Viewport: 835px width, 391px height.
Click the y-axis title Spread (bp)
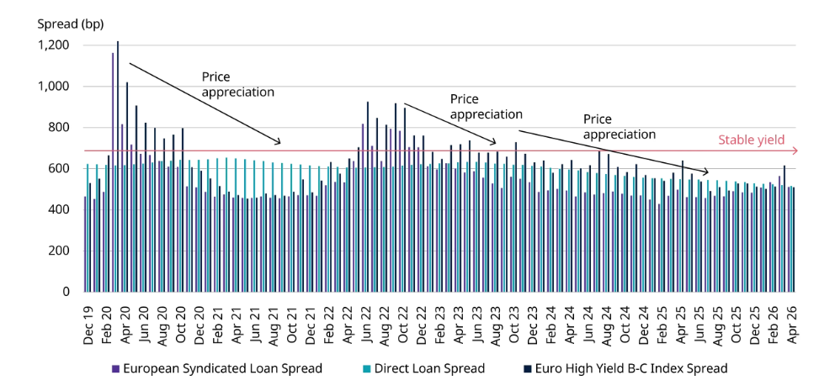[71, 24]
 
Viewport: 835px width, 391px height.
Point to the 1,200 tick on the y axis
[54, 45]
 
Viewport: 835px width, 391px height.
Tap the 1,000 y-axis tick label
[54, 86]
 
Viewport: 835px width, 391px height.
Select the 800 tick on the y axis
[60, 128]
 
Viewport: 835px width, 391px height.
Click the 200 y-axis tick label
[60, 251]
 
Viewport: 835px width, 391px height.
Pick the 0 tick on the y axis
[66, 292]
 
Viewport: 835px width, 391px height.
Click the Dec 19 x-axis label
[88, 324]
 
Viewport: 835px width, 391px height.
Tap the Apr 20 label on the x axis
[125, 324]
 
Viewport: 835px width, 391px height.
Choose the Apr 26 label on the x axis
[792, 324]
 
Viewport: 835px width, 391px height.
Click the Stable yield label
[752, 140]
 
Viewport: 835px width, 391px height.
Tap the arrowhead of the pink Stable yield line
[795, 151]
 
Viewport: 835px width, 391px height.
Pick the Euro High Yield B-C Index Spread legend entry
[624, 368]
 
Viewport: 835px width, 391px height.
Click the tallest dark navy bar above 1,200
[118, 166]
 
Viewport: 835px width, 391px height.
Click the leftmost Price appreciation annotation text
[238, 84]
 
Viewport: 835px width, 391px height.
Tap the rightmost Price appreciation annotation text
[620, 126]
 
